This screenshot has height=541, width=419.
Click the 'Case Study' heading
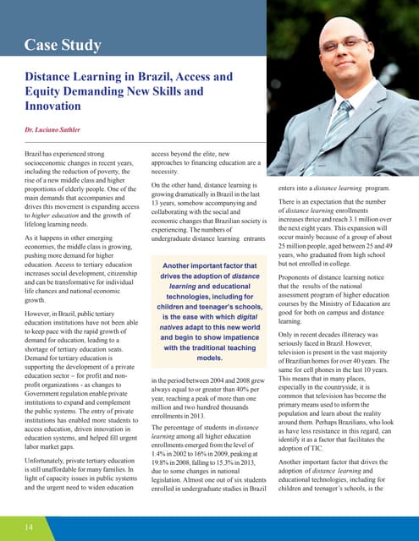point(63,44)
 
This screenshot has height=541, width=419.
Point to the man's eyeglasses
point(344,62)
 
